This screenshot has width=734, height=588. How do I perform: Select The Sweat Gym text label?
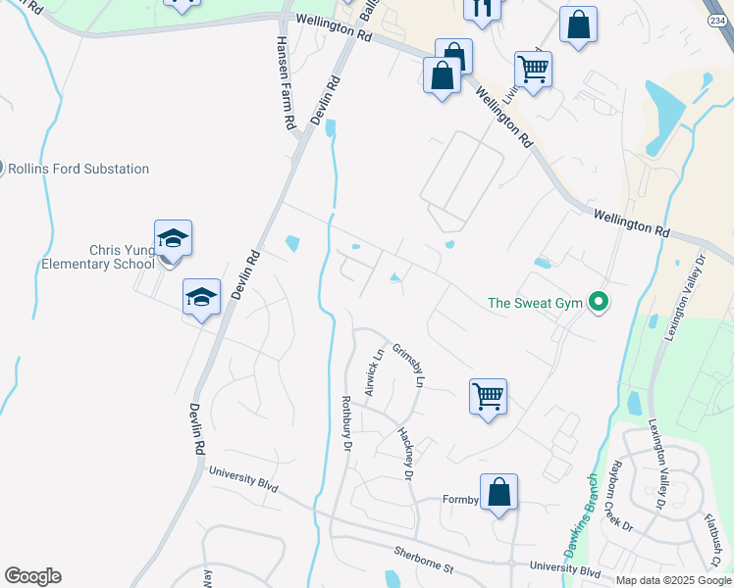point(536,303)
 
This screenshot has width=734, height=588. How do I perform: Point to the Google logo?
point(31,576)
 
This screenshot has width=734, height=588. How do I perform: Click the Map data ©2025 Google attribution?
point(674,580)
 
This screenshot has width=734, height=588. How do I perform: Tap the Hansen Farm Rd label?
point(286,84)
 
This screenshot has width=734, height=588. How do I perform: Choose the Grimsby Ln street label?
point(407,366)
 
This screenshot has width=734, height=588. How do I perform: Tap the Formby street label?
point(458,500)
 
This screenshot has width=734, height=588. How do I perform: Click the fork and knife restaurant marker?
point(482,8)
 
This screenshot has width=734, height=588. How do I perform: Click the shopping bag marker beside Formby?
point(498,492)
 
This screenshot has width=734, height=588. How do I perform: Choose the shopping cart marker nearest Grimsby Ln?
point(488,397)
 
